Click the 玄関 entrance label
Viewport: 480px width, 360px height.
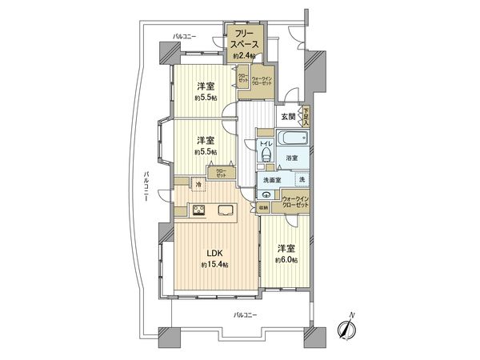288,117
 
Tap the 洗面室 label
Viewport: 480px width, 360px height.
272,181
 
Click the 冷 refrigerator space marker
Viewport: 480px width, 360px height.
198,185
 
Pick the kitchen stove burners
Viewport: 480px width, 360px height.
199,211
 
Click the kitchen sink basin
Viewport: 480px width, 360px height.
225,211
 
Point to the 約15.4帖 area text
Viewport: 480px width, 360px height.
214,265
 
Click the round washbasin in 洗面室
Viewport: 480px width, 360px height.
263,193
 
